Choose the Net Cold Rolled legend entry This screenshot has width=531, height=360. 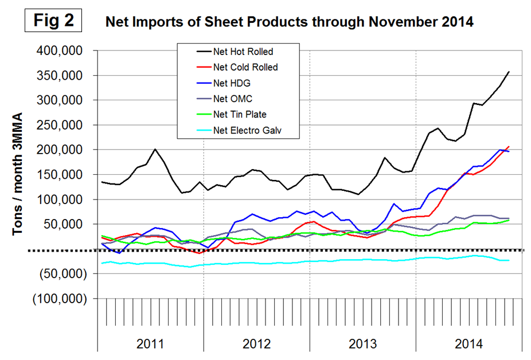pyautogui.click(x=245, y=67)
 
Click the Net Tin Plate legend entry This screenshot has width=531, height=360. pyautogui.click(x=239, y=115)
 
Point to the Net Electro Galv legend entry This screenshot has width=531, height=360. pyautogui.click(x=247, y=130)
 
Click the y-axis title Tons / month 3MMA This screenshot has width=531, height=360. pyautogui.click(x=19, y=174)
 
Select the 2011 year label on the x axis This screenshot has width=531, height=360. pyautogui.click(x=150, y=345)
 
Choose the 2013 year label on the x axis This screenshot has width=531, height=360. pyautogui.click(x=363, y=345)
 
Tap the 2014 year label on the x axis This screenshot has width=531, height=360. pyautogui.click(x=468, y=345)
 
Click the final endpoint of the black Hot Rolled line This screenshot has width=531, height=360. pyautogui.click(x=509, y=72)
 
